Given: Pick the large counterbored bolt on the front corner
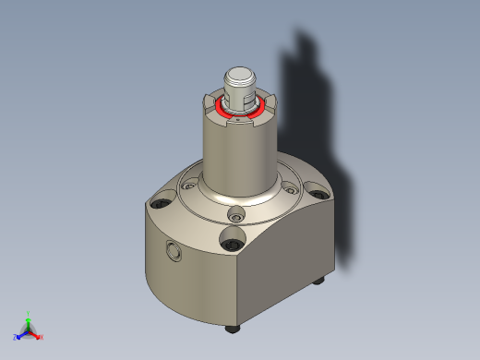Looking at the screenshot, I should coord(230,244).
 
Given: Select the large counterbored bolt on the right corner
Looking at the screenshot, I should coord(318,196).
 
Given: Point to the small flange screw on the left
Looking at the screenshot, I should coord(188,186).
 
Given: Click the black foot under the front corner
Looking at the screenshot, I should coord(231,328).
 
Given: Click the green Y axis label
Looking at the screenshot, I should coord(29,314).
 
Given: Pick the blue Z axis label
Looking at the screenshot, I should coord(16,338).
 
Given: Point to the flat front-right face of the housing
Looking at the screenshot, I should coord(286,268).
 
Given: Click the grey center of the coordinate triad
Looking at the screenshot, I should coord(28,330).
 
